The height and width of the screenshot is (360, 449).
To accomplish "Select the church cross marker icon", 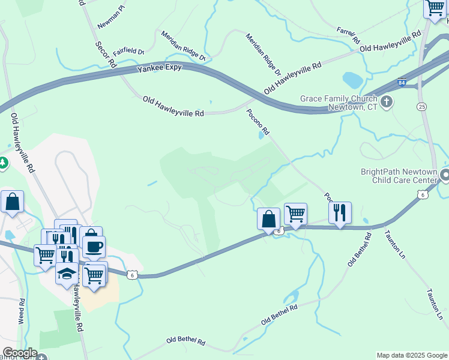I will tap(387, 101).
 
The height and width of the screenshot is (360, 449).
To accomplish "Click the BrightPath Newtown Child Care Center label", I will tap(399, 175).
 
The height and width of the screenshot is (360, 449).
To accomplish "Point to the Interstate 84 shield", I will tap(401, 82).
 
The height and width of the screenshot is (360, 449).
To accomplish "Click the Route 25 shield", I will tap(422, 106).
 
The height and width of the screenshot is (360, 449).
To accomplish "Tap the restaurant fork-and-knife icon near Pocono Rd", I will tap(340, 212).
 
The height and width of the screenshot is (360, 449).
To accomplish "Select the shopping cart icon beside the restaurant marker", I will tap(295, 213).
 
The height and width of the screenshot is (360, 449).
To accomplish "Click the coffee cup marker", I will tap(93, 246).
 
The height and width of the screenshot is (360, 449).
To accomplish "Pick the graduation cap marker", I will tap(67, 274).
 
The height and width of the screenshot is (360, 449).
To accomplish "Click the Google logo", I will tap(19, 353).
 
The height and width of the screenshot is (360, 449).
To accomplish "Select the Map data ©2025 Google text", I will tap(411, 355).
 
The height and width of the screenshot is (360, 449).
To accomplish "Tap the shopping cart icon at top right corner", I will tap(435, 9).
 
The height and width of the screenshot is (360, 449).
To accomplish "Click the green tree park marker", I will tap(2, 163).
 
